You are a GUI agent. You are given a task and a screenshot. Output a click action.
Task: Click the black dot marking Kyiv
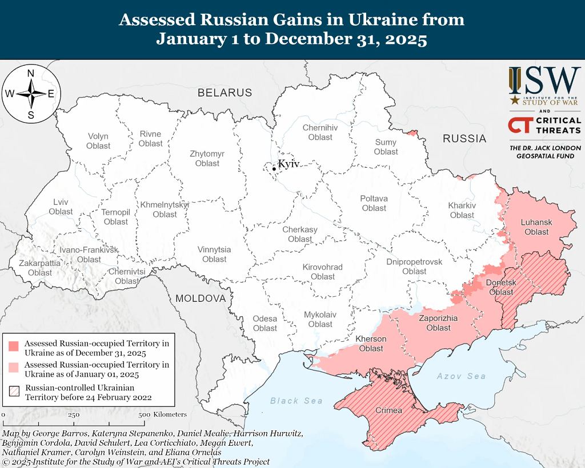coord(274,168)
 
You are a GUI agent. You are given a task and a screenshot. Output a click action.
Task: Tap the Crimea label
coord(388,410)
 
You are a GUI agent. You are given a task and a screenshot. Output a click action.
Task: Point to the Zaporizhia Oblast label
coord(438,323)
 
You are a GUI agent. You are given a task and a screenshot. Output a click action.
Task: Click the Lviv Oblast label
coord(61,207)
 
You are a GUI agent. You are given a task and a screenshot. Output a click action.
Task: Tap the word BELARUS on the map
coord(225,92)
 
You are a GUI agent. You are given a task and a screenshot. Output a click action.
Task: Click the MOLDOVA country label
coord(201,298)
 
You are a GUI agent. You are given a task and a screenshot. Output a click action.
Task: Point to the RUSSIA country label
coord(464,138)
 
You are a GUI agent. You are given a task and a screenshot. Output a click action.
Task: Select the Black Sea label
coord(296,401)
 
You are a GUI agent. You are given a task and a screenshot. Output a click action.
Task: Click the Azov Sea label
coord(461,376)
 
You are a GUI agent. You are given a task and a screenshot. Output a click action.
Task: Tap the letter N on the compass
coord(31,74)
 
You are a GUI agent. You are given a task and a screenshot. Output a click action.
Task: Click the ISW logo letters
coord(544,82)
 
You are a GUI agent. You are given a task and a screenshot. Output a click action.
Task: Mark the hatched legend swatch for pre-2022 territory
coord(14,392)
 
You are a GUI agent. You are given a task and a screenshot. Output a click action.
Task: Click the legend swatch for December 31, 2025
coord(14,346)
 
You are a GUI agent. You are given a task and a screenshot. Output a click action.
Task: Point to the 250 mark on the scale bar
coord(74,415)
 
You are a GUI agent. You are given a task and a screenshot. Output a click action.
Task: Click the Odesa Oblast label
coord(265,323)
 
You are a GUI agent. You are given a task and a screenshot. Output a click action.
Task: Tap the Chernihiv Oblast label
coord(320,132)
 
